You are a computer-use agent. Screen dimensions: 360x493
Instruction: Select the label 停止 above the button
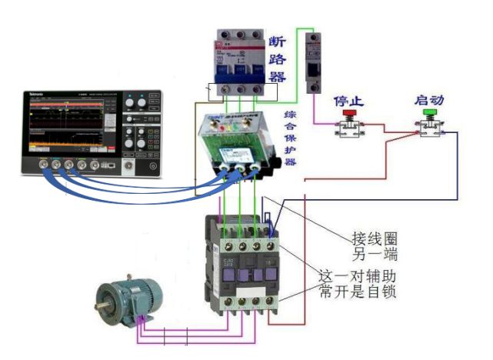(x=348, y=101)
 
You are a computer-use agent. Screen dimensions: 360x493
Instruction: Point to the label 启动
(x=428, y=100)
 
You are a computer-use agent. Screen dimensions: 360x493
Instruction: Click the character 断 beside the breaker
(x=278, y=38)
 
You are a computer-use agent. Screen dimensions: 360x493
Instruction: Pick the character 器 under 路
(x=278, y=75)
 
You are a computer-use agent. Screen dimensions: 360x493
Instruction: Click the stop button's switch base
(x=348, y=130)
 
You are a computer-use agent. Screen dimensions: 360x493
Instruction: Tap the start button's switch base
(x=428, y=130)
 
